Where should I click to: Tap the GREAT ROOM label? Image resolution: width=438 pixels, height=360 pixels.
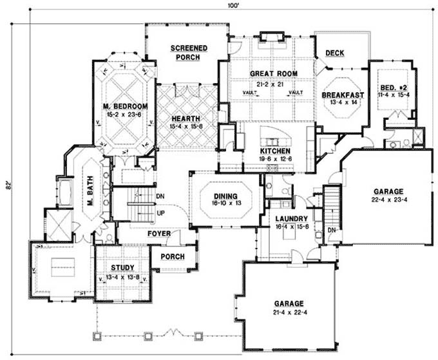pyautogui.click(x=273, y=73)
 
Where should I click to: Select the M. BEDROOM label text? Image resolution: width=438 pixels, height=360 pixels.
pyautogui.click(x=125, y=106)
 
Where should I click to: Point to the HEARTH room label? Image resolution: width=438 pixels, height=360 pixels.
pyautogui.click(x=186, y=118)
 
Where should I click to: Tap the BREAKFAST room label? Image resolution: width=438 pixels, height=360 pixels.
pyautogui.click(x=343, y=95)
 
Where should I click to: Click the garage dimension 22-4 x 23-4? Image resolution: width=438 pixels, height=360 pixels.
pyautogui.click(x=388, y=201)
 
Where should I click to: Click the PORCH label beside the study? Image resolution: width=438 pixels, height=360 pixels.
pyautogui.click(x=172, y=257)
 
